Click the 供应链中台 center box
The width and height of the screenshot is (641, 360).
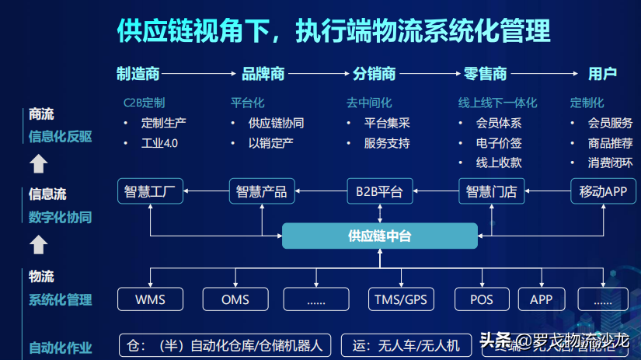pos(379,236)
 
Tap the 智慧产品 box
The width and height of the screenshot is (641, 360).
pos(262,191)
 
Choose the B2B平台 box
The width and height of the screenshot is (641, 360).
pos(379,191)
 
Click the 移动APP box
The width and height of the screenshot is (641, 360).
pos(603,191)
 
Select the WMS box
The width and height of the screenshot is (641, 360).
pos(150,299)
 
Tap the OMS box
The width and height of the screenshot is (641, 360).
pos(235,299)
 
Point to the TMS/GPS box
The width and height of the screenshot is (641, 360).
pos(400,299)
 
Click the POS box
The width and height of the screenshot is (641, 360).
pos(482,299)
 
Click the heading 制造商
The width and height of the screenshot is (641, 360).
pos(138,74)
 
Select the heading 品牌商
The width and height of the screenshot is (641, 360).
pos(263,74)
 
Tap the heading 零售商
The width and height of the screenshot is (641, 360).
pos(485,74)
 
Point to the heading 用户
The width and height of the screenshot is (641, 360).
pos(602,74)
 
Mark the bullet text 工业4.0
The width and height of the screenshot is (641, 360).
pos(159,144)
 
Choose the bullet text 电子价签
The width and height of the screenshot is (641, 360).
pos(499,143)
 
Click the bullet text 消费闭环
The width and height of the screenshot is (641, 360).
pos(610,163)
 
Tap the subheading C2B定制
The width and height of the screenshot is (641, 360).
pos(144,103)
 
